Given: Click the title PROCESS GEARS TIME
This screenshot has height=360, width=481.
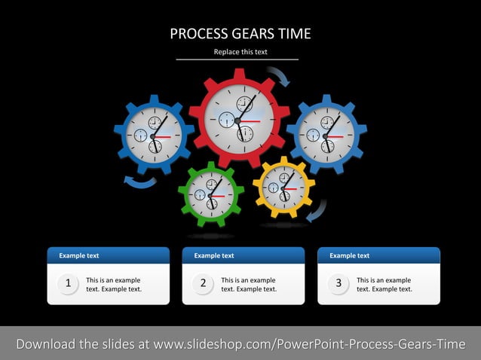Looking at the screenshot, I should pyautogui.click(x=240, y=34).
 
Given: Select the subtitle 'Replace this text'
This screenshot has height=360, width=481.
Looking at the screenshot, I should pyautogui.click(x=240, y=52).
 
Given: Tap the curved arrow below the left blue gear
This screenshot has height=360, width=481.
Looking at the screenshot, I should pyautogui.click(x=140, y=182).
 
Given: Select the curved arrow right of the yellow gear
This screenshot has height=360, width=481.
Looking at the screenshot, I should pyautogui.click(x=319, y=210).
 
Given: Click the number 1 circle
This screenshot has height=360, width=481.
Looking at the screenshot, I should pyautogui.click(x=69, y=284).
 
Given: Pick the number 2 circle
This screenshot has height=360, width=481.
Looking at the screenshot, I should pyautogui.click(x=204, y=284).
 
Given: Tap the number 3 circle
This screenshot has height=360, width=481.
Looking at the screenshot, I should pyautogui.click(x=339, y=284).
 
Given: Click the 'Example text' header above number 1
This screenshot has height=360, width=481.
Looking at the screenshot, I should pyautogui.click(x=79, y=256).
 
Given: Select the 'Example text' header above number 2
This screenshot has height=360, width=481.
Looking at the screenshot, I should pyautogui.click(x=214, y=256).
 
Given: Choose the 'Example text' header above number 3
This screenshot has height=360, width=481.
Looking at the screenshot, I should pyautogui.click(x=349, y=256).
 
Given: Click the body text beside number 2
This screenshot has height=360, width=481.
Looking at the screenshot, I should pyautogui.click(x=249, y=285).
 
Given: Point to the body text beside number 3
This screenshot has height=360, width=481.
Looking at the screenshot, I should pyautogui.click(x=384, y=285).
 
